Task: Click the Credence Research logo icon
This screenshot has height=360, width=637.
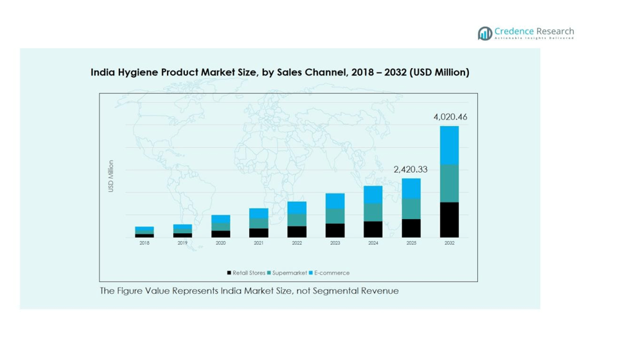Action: click(485, 33)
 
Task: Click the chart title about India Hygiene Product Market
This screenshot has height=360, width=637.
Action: click(280, 72)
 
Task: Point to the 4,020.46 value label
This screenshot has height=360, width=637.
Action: click(450, 116)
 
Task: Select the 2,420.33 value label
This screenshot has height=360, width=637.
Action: click(411, 169)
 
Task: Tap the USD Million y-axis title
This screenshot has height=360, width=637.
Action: click(111, 176)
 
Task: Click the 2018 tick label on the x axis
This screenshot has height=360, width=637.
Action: click(144, 243)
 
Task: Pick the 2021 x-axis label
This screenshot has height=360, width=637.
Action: click(259, 243)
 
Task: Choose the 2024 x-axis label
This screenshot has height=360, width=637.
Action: click(373, 243)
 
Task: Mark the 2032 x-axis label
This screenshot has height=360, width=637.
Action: click(450, 243)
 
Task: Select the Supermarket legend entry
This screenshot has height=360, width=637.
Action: click(286, 273)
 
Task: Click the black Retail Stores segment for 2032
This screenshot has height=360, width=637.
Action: click(450, 220)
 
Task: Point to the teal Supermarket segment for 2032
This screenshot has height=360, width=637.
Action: click(450, 183)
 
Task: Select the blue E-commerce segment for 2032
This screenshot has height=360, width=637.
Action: click(450, 145)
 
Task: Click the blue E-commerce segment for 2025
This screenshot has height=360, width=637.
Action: click(411, 188)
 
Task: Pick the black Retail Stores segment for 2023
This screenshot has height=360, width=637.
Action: click(335, 230)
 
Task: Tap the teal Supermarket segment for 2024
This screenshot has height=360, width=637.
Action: click(373, 212)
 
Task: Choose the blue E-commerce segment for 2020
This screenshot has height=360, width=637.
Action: click(221, 219)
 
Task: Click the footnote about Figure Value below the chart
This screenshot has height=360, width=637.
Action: click(249, 291)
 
